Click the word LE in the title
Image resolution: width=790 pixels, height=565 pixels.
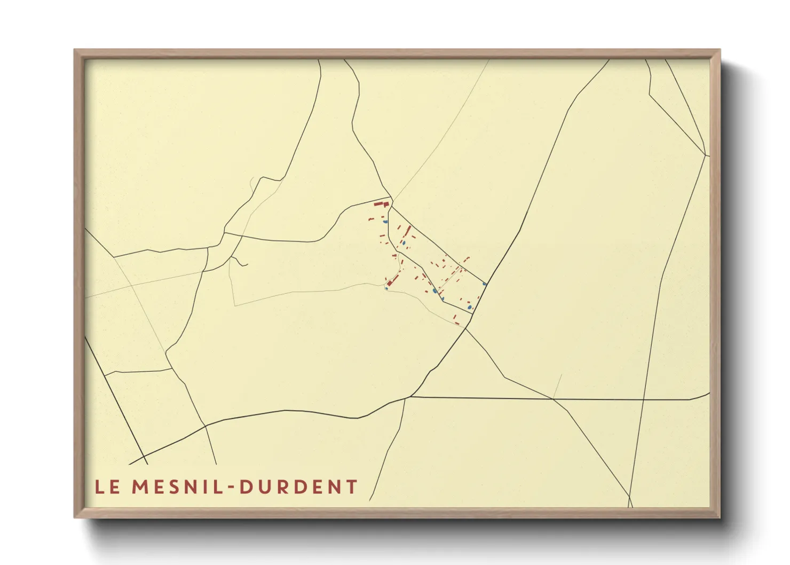click(107, 487)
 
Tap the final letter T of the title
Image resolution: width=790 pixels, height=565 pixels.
click(351, 487)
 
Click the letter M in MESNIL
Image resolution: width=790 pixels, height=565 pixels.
click(140, 487)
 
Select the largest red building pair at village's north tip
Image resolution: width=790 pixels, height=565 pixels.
click(381, 203)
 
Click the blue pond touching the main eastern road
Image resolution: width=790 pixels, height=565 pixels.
click(485, 284)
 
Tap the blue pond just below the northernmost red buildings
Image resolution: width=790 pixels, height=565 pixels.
click(385, 222)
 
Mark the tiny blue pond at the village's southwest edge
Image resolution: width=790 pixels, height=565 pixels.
click(386, 288)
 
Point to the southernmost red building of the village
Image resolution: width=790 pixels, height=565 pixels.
click(456, 323)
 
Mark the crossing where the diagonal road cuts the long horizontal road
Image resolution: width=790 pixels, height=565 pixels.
click(554, 399)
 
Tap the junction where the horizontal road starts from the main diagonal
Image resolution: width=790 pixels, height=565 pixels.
click(409, 397)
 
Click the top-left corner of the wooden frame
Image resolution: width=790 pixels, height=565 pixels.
click(75, 51)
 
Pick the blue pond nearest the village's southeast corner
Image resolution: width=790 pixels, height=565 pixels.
click(470, 307)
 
